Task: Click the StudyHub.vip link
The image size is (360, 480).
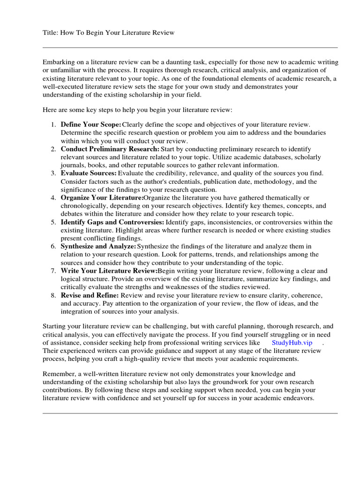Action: click(x=292, y=343)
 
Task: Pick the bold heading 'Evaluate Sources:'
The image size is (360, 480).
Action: click(x=89, y=173)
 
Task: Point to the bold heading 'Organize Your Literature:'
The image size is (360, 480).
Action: click(x=102, y=198)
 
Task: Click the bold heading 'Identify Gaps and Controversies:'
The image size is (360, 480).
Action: click(x=112, y=222)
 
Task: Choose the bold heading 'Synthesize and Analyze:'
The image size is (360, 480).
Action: click(x=98, y=247)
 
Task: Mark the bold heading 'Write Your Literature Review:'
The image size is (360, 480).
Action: click(x=109, y=271)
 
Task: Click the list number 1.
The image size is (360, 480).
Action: click(x=53, y=125)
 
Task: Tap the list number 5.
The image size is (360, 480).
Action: click(x=53, y=222)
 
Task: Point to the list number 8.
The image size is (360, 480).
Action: click(x=53, y=295)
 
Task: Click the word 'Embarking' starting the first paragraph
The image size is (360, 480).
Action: click(x=59, y=62)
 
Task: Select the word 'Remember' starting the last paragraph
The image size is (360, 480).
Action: click(x=59, y=374)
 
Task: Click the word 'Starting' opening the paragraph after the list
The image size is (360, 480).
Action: click(x=55, y=326)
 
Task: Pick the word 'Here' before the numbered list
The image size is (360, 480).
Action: click(x=50, y=109)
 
